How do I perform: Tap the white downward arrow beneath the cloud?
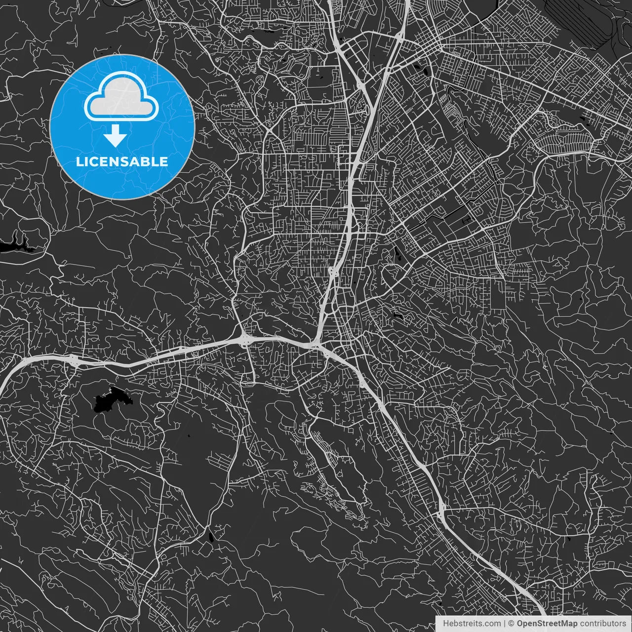116,135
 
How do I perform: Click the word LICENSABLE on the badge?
122,161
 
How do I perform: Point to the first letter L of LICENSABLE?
79,161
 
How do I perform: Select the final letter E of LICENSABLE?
164,161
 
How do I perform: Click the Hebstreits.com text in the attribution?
472,624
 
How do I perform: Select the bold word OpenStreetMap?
547,624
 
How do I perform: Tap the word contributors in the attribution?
602,624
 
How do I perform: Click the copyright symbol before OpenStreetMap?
512,624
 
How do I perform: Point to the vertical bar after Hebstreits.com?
505,624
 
